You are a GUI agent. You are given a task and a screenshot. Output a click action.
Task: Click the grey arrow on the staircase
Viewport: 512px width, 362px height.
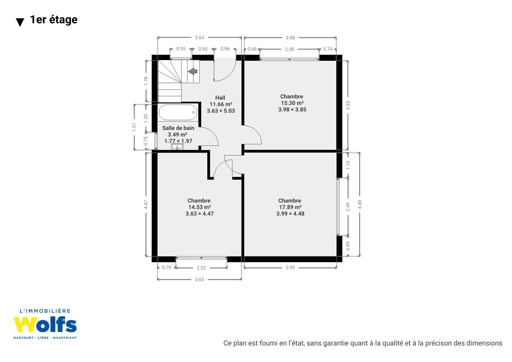click(193, 71)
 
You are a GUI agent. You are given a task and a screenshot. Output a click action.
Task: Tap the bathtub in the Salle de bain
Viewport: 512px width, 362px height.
click(178, 112)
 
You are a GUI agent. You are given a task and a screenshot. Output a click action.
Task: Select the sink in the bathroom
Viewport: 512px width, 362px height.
click(177, 147)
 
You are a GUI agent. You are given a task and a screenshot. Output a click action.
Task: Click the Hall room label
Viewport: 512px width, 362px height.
click(220, 98)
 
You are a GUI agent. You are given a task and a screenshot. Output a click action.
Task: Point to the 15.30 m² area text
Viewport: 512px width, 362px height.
click(292, 103)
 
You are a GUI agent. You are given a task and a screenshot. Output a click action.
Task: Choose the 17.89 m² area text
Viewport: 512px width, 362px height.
click(290, 207)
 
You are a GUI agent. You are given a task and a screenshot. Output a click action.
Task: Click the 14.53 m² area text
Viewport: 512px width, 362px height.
click(199, 207)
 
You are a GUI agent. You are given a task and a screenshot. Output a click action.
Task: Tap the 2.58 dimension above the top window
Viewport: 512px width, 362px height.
click(289, 49)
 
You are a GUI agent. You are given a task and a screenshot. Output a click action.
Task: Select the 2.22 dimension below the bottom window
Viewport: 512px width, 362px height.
click(201, 268)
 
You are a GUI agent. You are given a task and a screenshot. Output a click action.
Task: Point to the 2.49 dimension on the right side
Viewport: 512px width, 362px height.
click(348, 207)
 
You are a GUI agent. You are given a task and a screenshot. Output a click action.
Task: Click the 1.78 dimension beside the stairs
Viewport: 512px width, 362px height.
click(146, 81)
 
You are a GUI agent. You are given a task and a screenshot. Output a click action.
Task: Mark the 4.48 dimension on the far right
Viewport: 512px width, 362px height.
click(360, 204)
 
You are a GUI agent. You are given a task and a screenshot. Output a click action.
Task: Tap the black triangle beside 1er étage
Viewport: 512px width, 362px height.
click(20, 22)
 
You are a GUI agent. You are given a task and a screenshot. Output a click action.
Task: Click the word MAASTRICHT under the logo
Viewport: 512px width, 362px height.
click(65, 338)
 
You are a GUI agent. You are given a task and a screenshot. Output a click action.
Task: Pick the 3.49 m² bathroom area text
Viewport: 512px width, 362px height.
click(177, 135)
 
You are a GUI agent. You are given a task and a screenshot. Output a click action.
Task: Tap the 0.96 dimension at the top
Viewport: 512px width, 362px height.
click(225, 49)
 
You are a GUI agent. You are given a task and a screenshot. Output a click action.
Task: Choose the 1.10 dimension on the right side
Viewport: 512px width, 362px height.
click(348, 165)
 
